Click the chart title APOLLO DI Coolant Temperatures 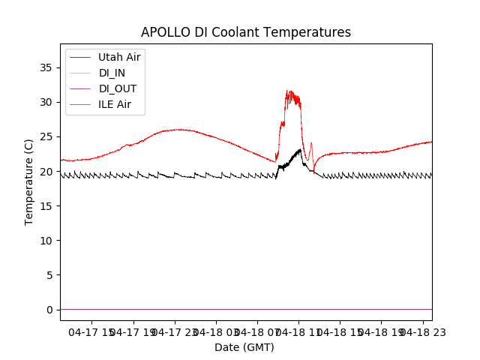[246, 32]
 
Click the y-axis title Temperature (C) [29, 181]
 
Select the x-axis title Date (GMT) [244, 347]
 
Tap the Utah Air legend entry [118, 57]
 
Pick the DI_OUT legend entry [118, 88]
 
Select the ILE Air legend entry [114, 104]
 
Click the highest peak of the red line [288, 91]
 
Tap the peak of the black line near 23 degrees [300, 149]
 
